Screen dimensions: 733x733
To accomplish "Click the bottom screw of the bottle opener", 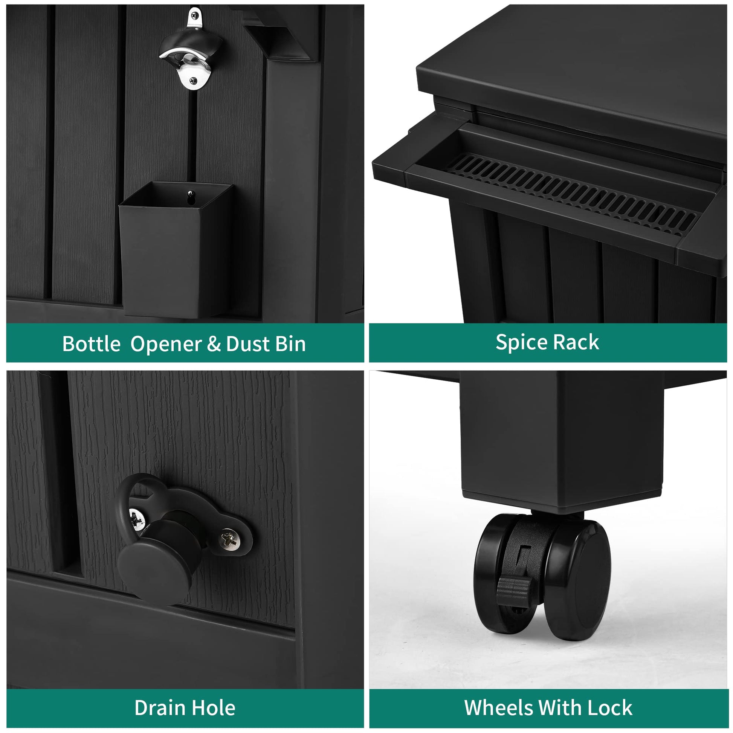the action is [x=194, y=81].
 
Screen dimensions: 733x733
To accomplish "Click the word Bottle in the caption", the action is [x=92, y=344].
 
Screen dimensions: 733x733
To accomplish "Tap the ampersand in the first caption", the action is [x=214, y=344].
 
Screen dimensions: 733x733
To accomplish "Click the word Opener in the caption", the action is [x=166, y=345].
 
